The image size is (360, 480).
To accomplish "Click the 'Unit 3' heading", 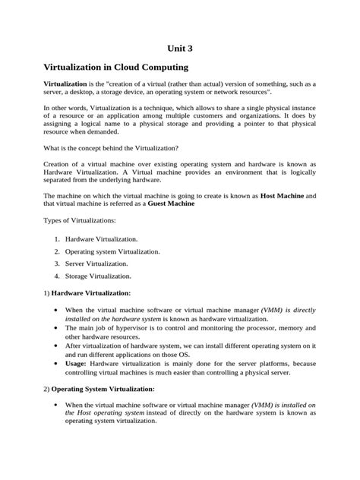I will click(180, 47).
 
